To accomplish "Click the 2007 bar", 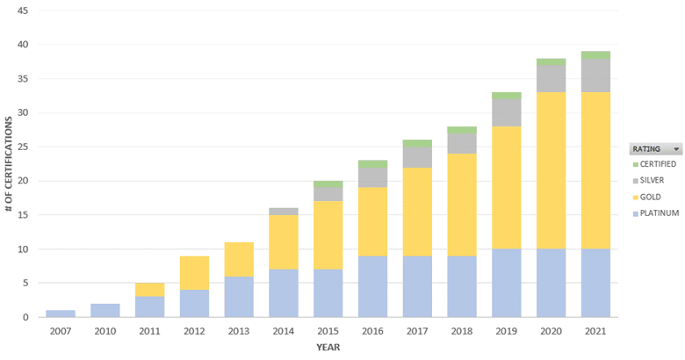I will [60, 313].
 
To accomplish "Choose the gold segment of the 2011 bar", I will [149, 289].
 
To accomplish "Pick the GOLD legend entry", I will [651, 197].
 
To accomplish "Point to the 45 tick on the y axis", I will [23, 11].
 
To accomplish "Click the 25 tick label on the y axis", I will [23, 147].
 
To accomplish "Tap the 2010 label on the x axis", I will [105, 331].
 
